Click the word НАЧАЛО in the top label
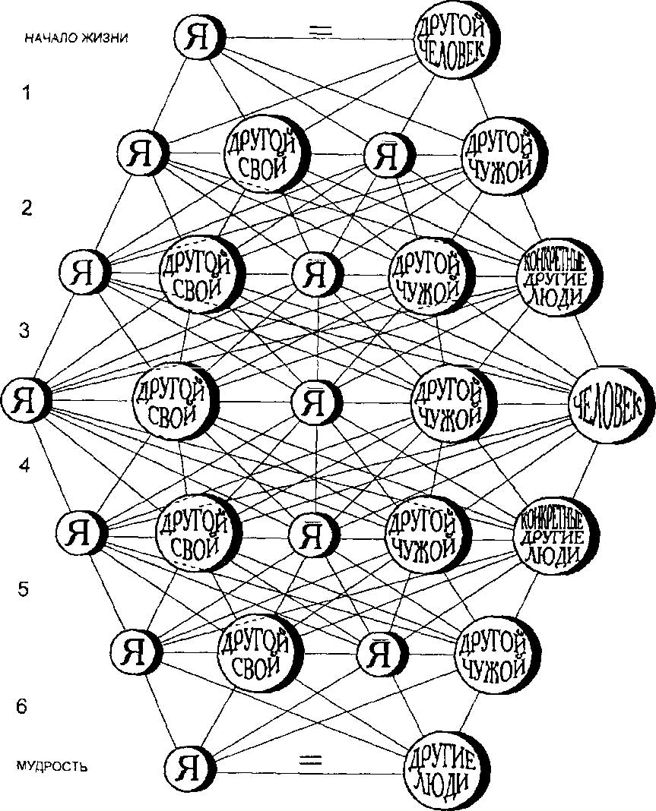pyautogui.click(x=46, y=37)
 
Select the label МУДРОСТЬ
pyautogui.click(x=51, y=766)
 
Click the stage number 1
pyautogui.click(x=27, y=93)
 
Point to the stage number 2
pyautogui.click(x=27, y=208)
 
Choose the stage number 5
pyautogui.click(x=26, y=589)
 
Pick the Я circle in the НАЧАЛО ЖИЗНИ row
pyautogui.click(x=198, y=36)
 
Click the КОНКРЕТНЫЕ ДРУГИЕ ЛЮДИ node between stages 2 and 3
pyautogui.click(x=558, y=276)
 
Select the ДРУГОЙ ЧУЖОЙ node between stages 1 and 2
pyautogui.click(x=496, y=155)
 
